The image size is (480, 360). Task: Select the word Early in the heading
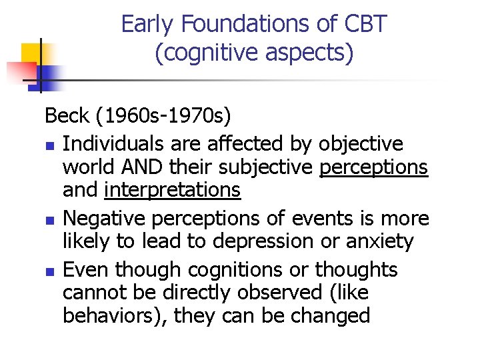pos(149,25)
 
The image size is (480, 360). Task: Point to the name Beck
pos(67,116)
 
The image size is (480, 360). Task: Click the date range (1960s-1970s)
pos(163,116)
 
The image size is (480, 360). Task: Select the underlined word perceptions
pos(374,167)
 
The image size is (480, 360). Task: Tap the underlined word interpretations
pos(172,190)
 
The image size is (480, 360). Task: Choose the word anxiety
pos(382,241)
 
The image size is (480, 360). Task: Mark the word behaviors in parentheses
pos(111,315)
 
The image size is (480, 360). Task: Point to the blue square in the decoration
pos(49,75)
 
